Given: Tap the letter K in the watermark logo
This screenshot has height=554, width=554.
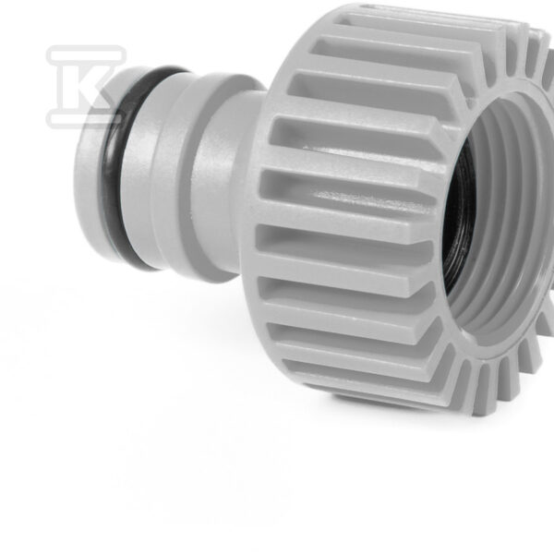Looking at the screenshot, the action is [x=83, y=88].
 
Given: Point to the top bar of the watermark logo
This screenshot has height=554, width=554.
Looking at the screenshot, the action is [x=86, y=54].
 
